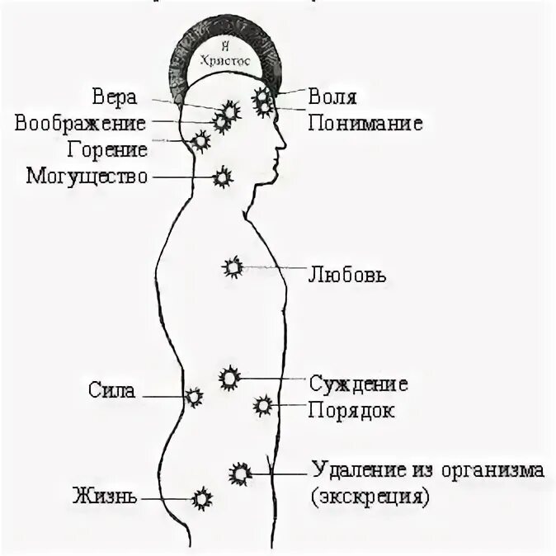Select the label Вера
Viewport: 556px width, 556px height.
(115, 97)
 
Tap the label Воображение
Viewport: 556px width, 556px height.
(80, 124)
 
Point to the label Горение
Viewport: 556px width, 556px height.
(109, 150)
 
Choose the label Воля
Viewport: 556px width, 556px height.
(332, 97)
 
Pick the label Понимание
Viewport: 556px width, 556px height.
(365, 124)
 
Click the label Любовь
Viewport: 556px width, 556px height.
(346, 273)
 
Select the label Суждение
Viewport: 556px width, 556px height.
(359, 384)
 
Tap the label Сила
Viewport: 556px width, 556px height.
(111, 391)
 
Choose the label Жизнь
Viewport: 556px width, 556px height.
(105, 497)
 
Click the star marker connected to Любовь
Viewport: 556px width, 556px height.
(233, 266)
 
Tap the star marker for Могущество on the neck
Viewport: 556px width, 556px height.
(221, 176)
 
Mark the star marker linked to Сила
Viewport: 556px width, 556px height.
(194, 397)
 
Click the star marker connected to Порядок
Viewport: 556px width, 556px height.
(263, 405)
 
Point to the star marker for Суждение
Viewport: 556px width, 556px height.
(229, 378)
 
